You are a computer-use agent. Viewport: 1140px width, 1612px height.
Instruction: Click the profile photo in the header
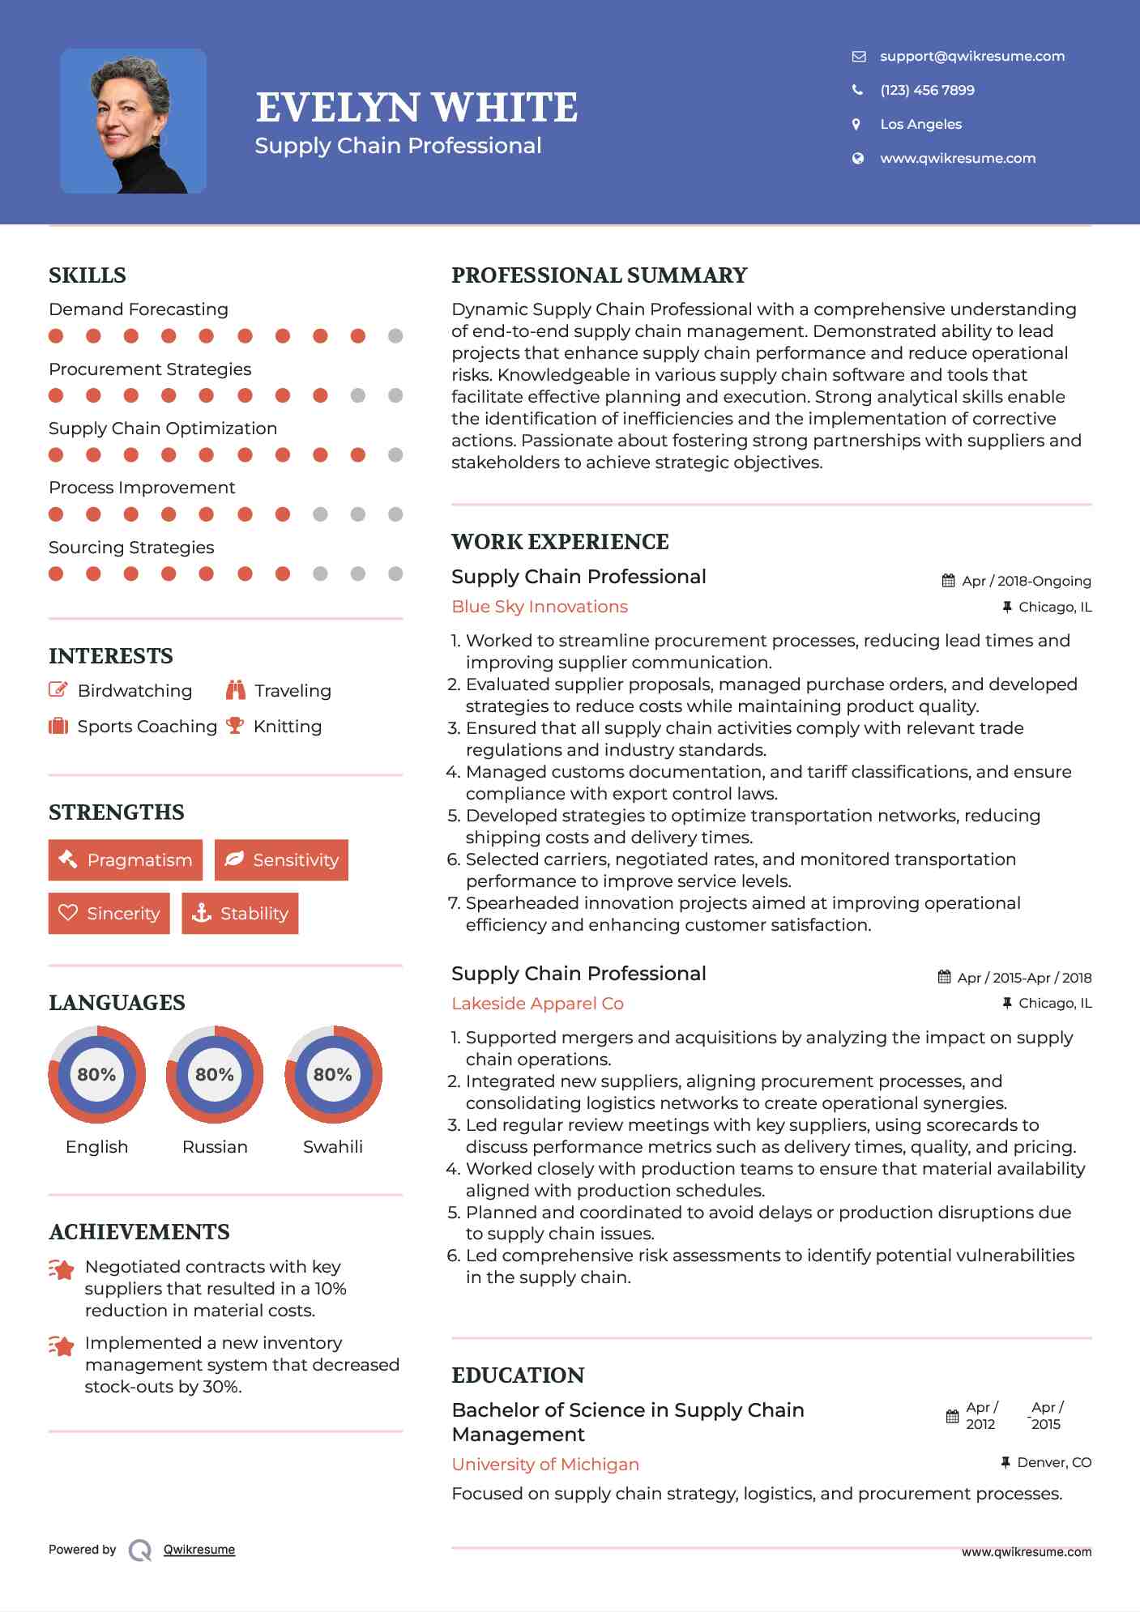point(133,121)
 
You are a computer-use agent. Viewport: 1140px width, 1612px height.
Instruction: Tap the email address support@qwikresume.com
point(971,56)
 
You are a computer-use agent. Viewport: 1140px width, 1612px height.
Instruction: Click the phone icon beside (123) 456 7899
point(857,90)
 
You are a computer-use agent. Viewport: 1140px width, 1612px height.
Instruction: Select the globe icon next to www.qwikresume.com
point(857,158)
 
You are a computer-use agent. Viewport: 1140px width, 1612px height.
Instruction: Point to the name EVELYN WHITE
point(416,108)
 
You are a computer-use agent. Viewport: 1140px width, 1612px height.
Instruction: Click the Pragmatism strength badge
point(126,859)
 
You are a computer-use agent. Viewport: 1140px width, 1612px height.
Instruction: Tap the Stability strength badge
point(240,913)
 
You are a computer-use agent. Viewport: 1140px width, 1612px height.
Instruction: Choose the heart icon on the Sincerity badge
point(68,913)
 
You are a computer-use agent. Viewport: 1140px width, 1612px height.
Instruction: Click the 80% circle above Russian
point(215,1074)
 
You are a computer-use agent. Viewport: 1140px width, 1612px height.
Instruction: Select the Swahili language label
point(332,1146)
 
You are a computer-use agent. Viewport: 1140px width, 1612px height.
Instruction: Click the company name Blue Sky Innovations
point(539,607)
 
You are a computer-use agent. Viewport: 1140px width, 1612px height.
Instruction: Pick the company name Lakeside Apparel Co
point(537,1004)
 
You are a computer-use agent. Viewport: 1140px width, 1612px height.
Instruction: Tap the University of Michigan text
point(545,1465)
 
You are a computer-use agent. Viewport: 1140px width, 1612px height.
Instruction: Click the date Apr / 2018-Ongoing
point(1026,581)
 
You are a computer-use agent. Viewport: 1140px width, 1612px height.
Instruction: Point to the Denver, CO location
point(1053,1462)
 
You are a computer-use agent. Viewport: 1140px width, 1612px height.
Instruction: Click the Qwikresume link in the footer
point(199,1550)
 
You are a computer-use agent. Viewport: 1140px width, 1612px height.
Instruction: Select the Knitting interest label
point(288,727)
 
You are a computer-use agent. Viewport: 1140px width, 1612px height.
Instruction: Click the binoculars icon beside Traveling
point(236,690)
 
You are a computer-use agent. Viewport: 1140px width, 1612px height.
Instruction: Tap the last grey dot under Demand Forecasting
point(395,335)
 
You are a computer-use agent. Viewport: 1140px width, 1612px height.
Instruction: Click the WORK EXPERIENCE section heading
point(560,541)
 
